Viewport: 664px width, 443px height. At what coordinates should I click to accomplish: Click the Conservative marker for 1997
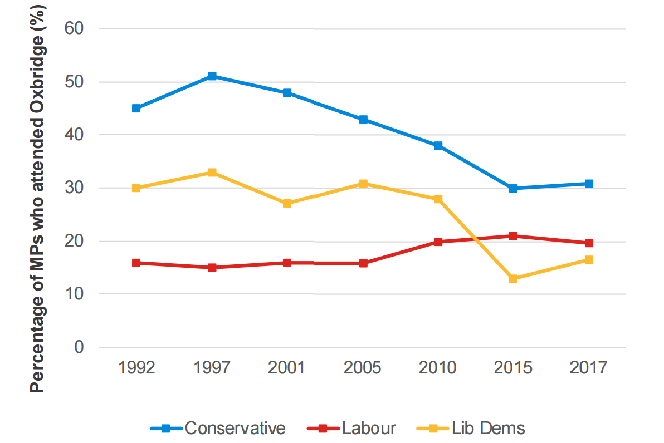pos(212,76)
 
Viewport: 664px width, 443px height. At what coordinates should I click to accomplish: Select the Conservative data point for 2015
pos(513,189)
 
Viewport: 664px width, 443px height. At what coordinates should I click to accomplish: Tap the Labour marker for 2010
pos(438,242)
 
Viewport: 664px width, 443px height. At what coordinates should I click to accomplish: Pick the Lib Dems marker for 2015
pos(513,278)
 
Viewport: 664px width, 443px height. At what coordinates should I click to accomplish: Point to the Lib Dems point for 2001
pos(287,204)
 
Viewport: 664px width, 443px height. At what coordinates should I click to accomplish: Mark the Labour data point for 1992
pos(136,263)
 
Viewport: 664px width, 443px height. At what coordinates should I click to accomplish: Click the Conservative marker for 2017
pos(589,184)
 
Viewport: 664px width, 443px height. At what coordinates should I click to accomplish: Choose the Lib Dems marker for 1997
pos(212,173)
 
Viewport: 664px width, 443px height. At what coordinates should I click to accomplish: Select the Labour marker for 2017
pos(589,243)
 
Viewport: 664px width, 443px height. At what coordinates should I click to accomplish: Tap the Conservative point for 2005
pos(363,120)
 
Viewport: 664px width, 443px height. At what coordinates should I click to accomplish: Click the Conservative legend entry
pos(218,428)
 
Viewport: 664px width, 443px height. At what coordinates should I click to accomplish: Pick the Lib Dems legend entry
pos(471,428)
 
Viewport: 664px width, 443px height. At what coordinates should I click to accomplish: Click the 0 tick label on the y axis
pos(79,347)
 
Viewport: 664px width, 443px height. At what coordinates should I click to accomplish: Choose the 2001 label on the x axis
pos(287,368)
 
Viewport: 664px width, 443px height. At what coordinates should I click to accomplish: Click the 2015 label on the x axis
pos(513,368)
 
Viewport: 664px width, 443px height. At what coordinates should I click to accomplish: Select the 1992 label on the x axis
pos(136,368)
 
